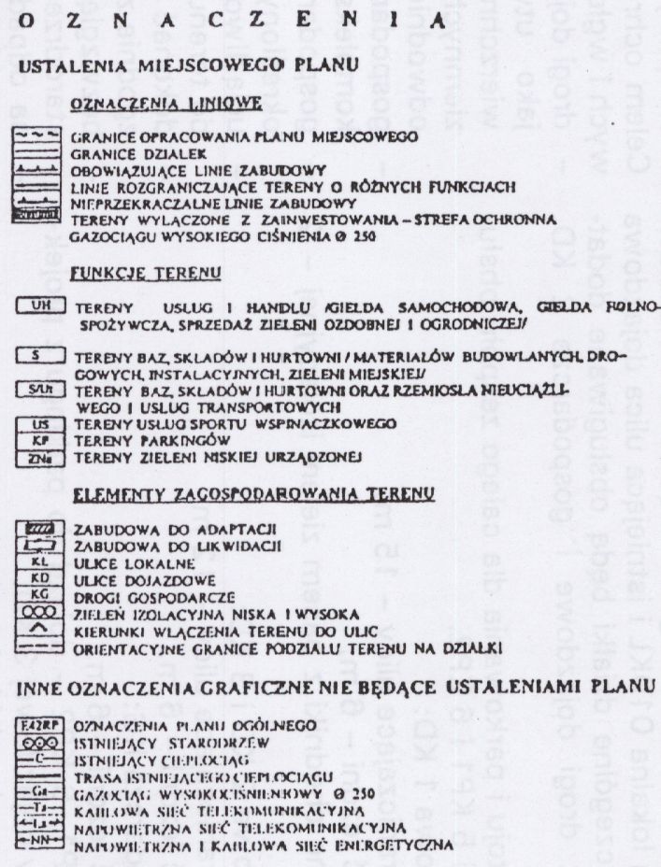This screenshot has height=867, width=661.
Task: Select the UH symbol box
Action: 39,306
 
